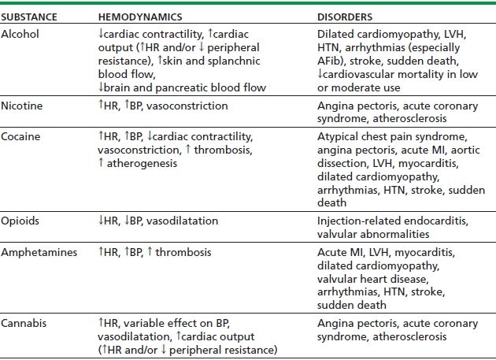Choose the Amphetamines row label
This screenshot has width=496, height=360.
(x=37, y=251)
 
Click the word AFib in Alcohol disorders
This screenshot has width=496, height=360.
(x=331, y=61)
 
